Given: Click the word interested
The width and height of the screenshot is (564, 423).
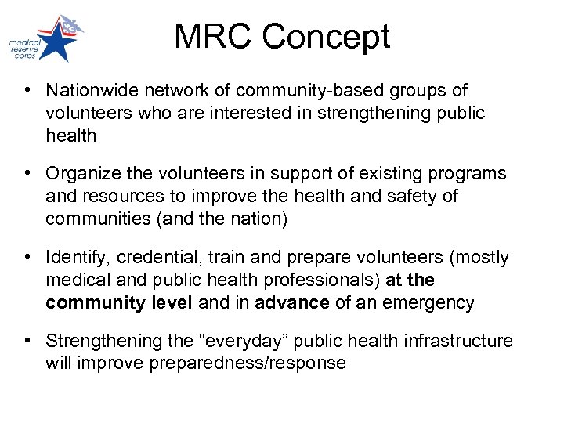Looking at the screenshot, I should point(248,114).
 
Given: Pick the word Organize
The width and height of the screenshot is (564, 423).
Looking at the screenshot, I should point(81,174).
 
